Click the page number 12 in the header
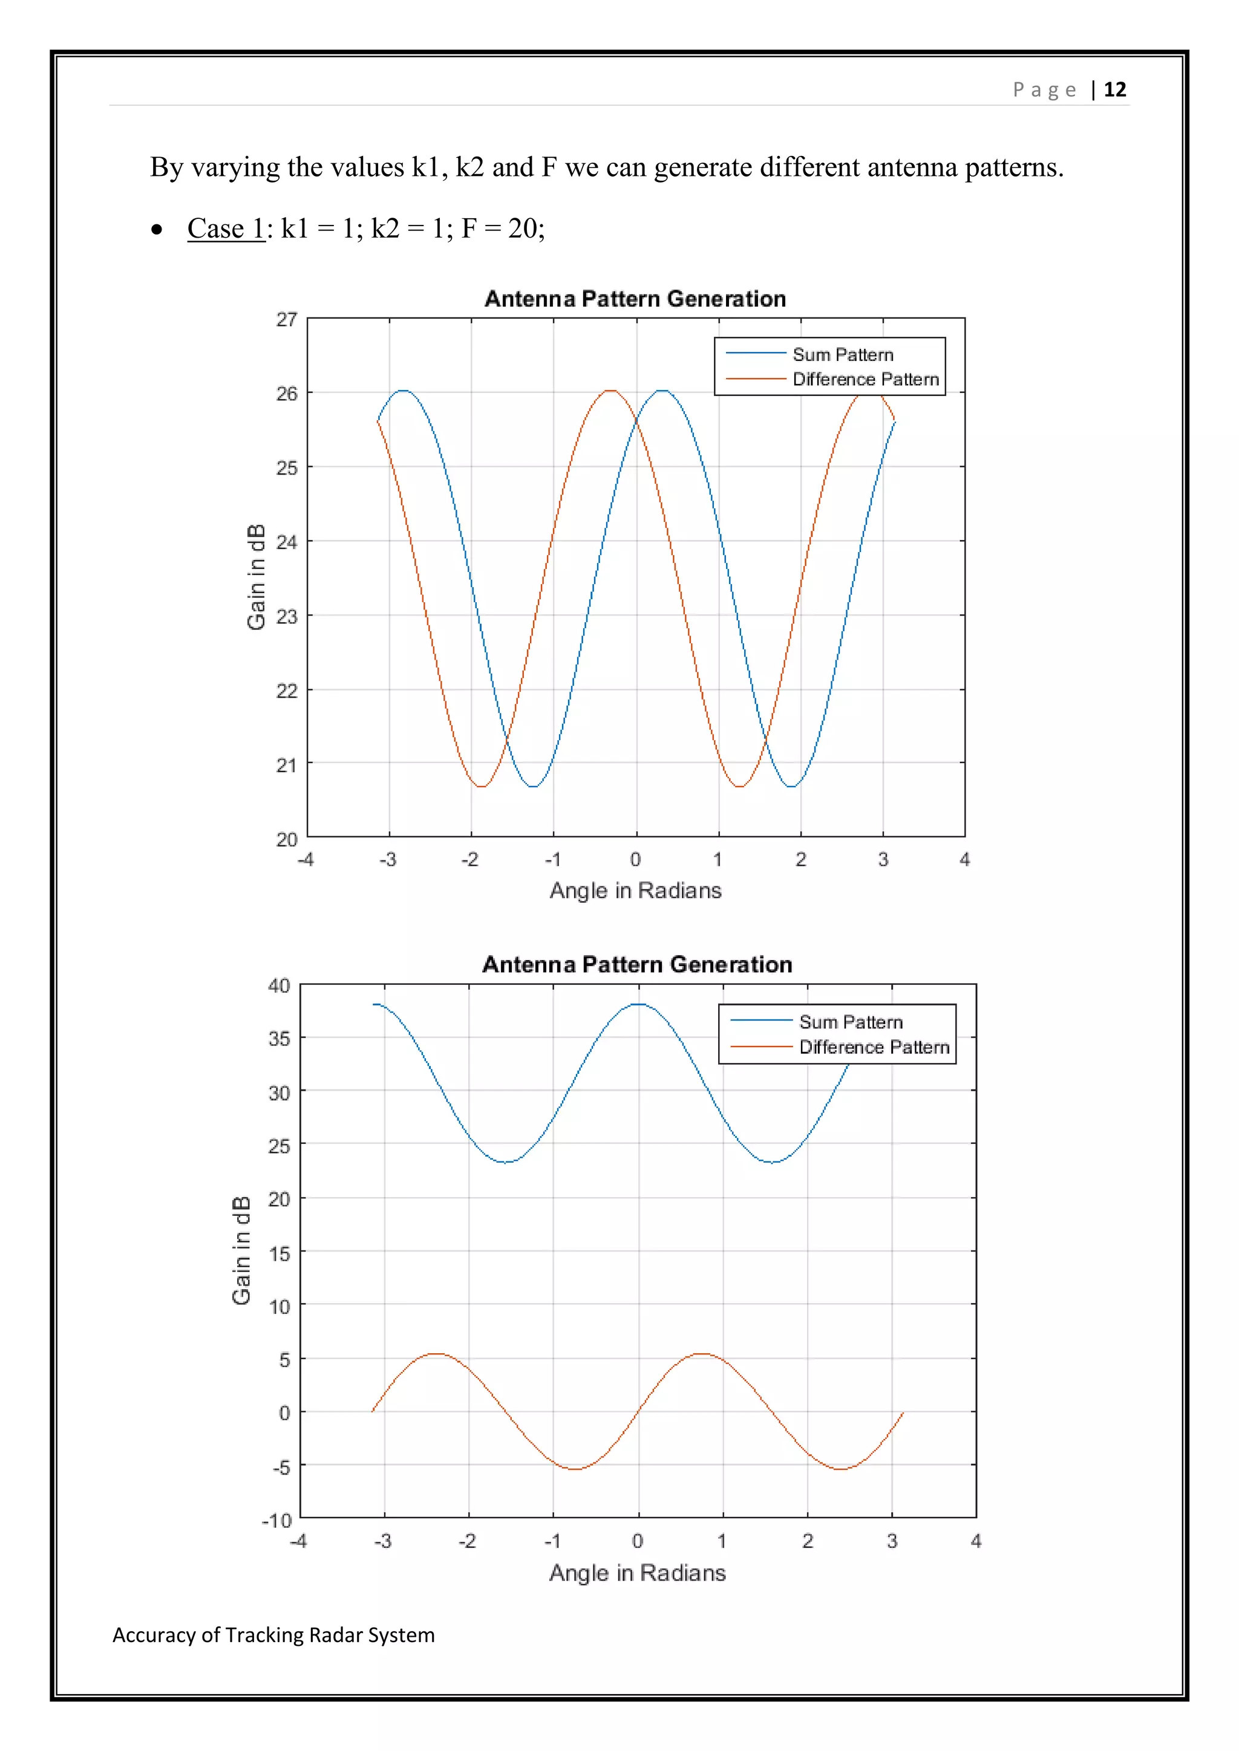[x=1114, y=90]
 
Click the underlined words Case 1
[x=225, y=228]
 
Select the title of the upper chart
[x=635, y=298]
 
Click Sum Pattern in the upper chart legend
[x=842, y=355]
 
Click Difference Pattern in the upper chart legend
[x=865, y=379]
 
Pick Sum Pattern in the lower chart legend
[x=851, y=1022]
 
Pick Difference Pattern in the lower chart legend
[x=874, y=1047]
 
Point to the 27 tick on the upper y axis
[x=287, y=319]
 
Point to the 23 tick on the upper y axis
[x=287, y=616]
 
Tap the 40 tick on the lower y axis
[x=280, y=986]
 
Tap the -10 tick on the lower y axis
[x=277, y=1521]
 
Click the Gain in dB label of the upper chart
[x=257, y=577]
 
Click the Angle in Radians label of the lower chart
[x=637, y=1573]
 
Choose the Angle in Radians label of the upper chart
[x=635, y=890]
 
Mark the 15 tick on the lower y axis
[x=280, y=1253]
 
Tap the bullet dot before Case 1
[x=157, y=230]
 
